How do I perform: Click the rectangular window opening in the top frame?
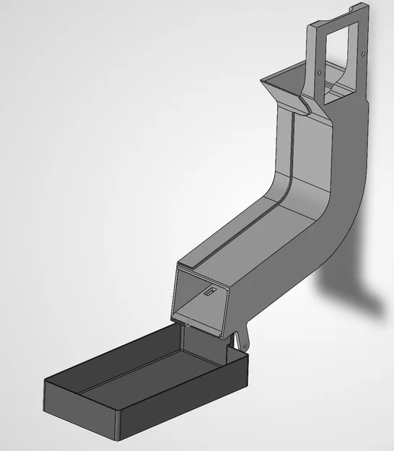(333, 48)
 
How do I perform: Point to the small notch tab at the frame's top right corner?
(352, 9)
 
